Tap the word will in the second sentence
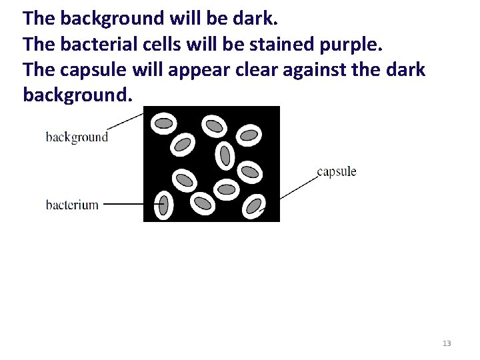[x=191, y=45]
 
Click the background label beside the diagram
[x=77, y=137]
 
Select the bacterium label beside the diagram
[x=72, y=205]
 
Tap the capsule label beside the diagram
[x=337, y=172]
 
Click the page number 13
[x=447, y=343]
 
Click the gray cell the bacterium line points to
[x=163, y=205]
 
